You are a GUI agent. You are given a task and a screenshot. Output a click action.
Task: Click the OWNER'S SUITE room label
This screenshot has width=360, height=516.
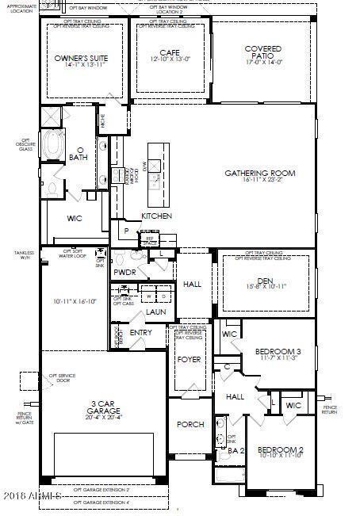point(80,59)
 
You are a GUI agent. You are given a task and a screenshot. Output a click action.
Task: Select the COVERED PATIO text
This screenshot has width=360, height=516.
point(263,53)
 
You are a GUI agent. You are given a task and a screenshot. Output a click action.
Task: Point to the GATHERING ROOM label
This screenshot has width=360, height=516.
point(259,173)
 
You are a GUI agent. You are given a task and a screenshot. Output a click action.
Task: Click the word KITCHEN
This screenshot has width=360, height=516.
point(156,216)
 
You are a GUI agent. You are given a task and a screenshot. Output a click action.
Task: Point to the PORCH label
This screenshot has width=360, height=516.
point(190,425)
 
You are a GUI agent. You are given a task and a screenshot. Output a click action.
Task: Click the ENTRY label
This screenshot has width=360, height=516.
point(140,332)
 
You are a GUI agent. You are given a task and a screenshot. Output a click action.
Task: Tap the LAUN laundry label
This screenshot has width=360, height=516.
point(155,312)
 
